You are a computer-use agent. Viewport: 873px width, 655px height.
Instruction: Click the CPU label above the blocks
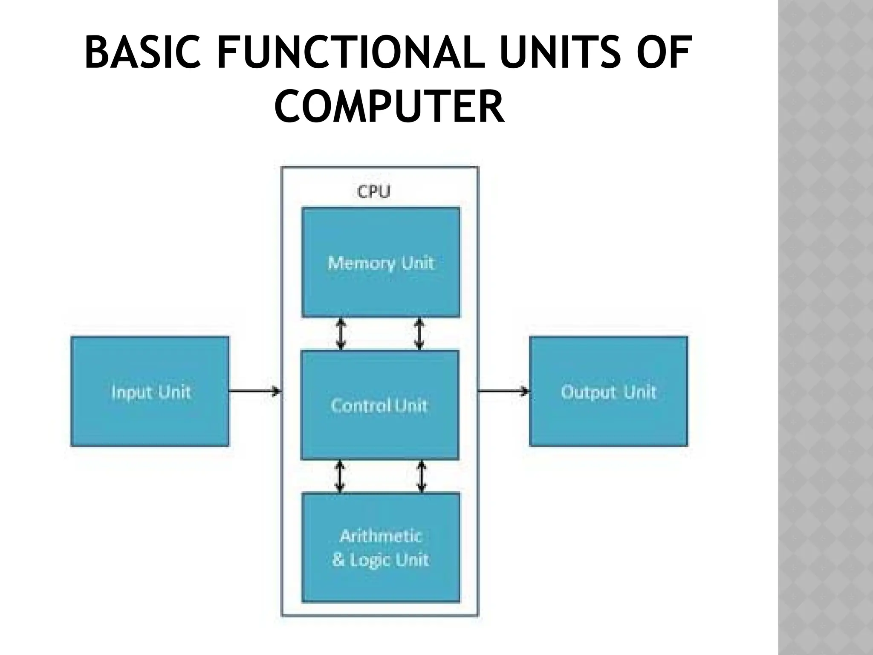tap(373, 192)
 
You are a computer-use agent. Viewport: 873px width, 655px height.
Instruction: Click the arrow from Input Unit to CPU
tap(255, 391)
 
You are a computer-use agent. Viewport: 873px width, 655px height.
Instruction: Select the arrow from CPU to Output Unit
tap(503, 391)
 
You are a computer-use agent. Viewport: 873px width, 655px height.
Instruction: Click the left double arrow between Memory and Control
tap(340, 334)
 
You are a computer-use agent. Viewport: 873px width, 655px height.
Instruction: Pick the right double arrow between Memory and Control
tap(419, 334)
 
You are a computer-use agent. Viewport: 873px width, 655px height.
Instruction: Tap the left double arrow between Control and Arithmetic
tap(339, 476)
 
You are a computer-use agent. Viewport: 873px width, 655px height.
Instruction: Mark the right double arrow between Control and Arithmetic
tap(421, 476)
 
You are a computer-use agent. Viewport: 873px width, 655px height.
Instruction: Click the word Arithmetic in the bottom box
tap(381, 536)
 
